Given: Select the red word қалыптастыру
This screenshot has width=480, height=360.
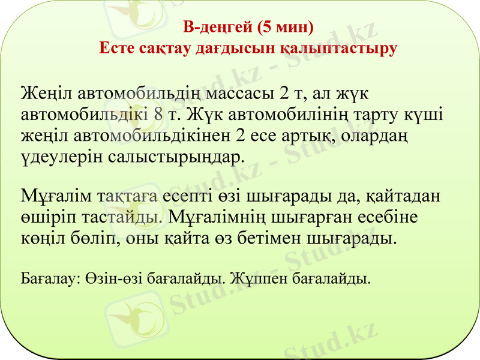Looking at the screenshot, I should coord(338,49).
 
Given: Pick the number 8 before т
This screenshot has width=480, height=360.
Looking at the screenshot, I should coord(157,114).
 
